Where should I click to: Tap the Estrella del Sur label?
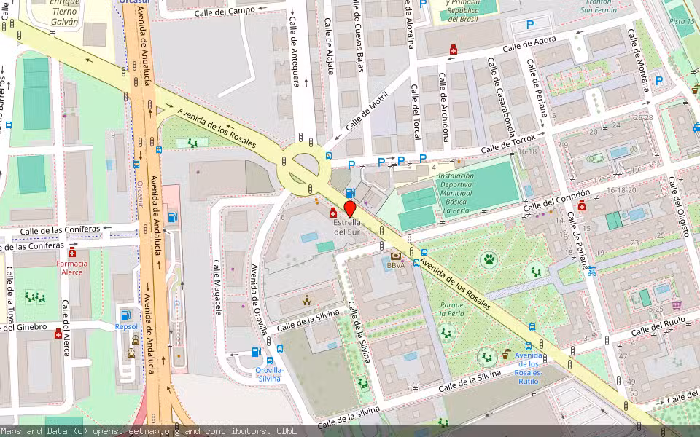pyautogui.click(x=347, y=227)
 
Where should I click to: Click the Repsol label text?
pyautogui.click(x=126, y=327)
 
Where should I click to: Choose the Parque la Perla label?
pyautogui.click(x=452, y=309)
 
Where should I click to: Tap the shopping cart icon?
pyautogui.click(x=677, y=305)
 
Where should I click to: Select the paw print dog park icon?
pyautogui.click(x=488, y=259)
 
